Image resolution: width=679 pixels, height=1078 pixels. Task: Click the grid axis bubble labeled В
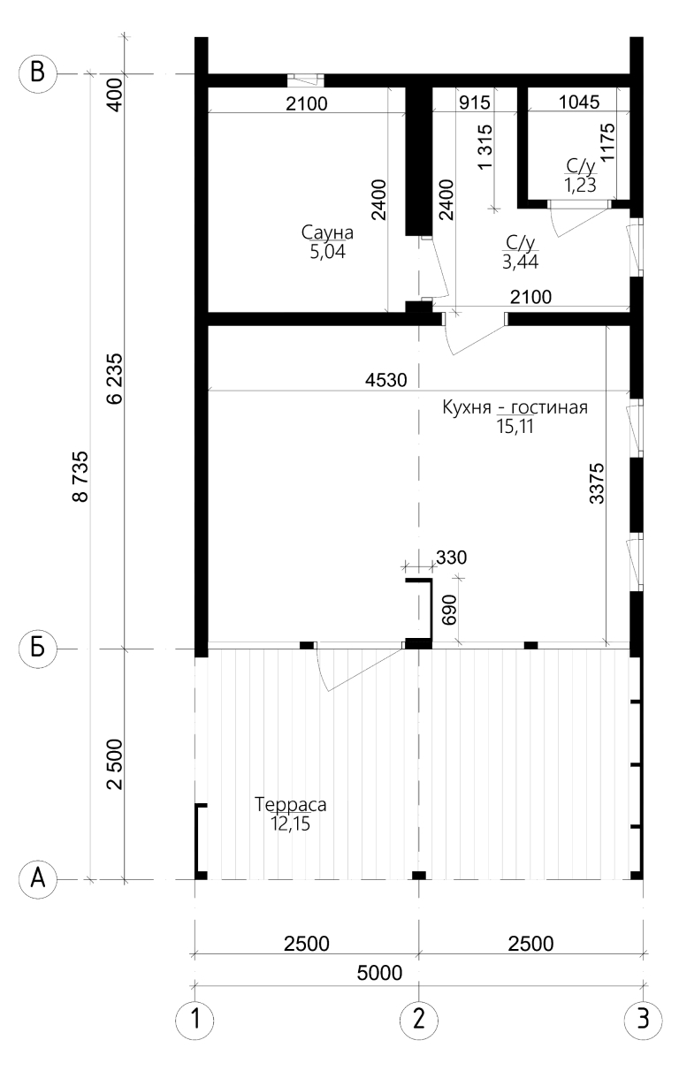37,74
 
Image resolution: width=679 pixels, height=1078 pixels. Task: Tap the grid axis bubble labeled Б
37,649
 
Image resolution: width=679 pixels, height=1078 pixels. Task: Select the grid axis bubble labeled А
37,879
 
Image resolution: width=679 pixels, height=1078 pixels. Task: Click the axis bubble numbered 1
195,1019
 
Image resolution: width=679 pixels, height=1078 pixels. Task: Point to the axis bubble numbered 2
419,1019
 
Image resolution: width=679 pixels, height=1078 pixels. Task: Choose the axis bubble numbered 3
643,1019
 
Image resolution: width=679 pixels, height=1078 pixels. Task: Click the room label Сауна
327,232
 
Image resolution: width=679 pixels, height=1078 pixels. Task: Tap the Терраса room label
290,805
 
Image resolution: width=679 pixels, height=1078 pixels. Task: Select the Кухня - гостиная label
515,407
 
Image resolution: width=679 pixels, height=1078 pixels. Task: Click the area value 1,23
580,186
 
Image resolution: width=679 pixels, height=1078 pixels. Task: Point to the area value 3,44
520,262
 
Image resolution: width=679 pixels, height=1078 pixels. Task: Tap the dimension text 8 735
81,476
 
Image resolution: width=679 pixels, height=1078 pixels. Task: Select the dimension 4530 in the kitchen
386,380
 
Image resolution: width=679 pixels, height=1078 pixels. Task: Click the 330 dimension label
451,558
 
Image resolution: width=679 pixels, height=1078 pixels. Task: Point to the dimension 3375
597,483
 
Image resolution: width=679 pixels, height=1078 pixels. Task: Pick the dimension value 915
475,102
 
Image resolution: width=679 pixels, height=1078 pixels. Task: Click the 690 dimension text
448,610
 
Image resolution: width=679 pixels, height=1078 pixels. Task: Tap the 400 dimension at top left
116,95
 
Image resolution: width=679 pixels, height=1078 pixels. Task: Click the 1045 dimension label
579,102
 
